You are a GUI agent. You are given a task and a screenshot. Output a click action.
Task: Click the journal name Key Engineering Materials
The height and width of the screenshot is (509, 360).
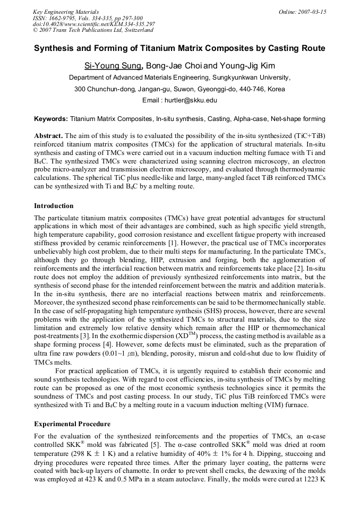pyautogui.click(x=66, y=11)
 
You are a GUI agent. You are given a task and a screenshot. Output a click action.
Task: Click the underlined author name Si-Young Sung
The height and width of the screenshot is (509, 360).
pyautogui.click(x=113, y=66)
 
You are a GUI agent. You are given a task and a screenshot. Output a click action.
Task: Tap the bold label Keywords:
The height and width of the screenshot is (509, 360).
pyautogui.click(x=51, y=119)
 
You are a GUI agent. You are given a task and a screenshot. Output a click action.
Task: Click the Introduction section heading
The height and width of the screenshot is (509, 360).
pyautogui.click(x=54, y=205)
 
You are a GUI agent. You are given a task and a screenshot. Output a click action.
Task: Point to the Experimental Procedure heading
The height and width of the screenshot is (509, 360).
pyautogui.click(x=72, y=424)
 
